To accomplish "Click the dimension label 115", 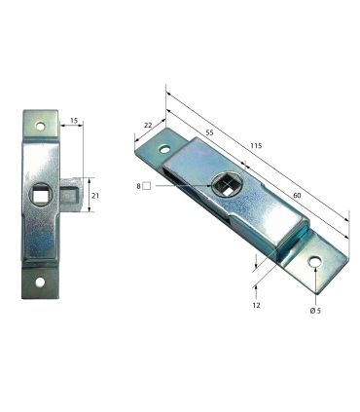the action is (x=256, y=146).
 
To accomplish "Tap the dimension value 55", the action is (x=209, y=132).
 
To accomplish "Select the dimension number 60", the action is (x=297, y=195).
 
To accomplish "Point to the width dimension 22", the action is (x=148, y=125).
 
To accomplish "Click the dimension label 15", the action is (x=74, y=121).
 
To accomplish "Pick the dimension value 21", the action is (x=95, y=196).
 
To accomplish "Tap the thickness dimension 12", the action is (x=256, y=305).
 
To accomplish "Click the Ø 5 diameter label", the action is (x=315, y=311).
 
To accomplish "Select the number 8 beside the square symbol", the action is (x=139, y=186).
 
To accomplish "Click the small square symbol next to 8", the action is (x=147, y=186).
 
